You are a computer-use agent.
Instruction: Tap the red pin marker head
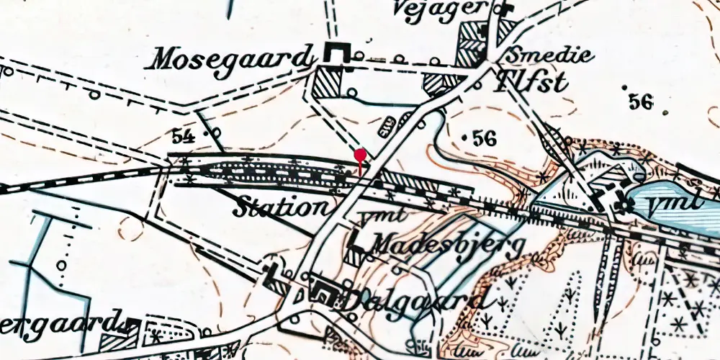(x=360, y=154)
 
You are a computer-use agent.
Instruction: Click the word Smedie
(x=549, y=55)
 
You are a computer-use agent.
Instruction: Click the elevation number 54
(x=184, y=135)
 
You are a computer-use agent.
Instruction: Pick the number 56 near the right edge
(x=639, y=102)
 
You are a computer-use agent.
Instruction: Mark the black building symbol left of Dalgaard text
(x=322, y=294)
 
